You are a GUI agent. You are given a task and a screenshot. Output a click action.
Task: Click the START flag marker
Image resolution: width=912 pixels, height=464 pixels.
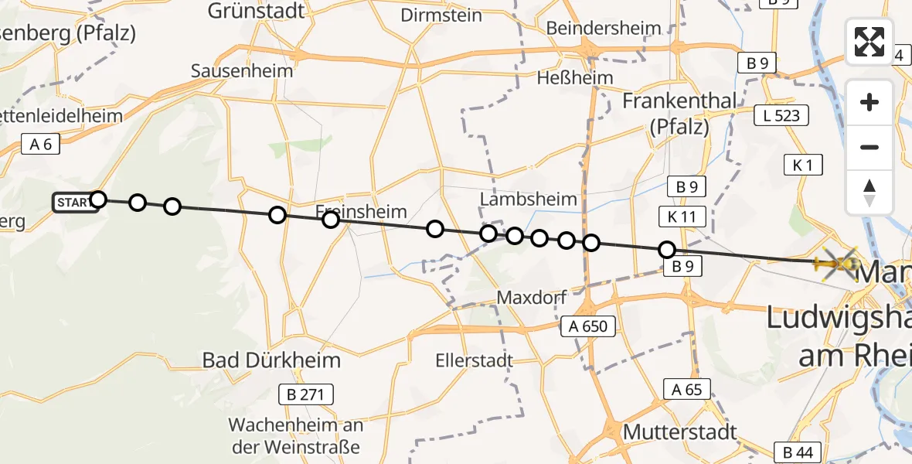(75, 203)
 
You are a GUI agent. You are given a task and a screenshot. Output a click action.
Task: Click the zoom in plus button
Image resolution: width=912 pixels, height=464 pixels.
(869, 102)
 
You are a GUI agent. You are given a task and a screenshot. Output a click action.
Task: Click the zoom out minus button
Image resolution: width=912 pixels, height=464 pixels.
(869, 147)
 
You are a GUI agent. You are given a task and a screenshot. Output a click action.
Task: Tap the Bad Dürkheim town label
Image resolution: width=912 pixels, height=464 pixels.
(271, 360)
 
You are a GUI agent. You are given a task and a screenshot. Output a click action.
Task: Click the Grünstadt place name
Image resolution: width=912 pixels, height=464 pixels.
(257, 11)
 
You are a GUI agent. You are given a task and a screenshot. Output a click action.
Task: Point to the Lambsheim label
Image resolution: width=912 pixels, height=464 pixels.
(529, 199)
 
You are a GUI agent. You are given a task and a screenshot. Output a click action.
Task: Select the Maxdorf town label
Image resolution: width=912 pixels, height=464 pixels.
(532, 297)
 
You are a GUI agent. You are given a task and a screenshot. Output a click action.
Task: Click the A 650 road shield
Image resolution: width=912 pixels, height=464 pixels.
(590, 326)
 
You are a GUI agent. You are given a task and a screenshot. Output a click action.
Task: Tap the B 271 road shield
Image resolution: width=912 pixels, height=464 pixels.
(306, 395)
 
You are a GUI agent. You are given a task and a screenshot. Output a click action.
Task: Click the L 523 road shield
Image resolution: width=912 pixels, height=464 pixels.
(781, 116)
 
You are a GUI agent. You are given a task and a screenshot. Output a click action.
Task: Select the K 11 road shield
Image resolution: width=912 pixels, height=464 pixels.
(682, 217)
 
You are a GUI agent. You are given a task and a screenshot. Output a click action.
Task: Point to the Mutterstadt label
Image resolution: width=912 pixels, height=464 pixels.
(680, 432)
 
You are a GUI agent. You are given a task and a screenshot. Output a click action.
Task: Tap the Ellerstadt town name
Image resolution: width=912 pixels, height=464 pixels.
(474, 360)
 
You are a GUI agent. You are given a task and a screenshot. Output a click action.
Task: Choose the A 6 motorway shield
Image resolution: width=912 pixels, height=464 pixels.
(41, 144)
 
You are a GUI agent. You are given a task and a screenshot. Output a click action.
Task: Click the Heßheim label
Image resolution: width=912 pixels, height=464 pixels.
(576, 77)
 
